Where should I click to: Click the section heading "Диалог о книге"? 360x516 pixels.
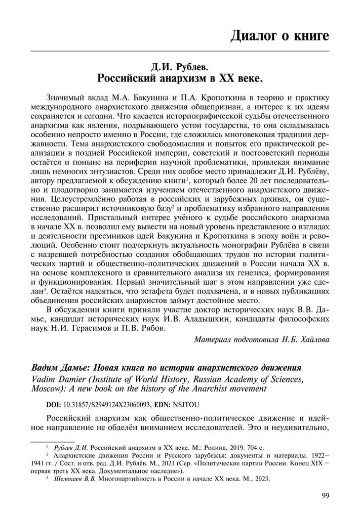279,36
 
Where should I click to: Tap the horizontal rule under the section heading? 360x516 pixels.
180,52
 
